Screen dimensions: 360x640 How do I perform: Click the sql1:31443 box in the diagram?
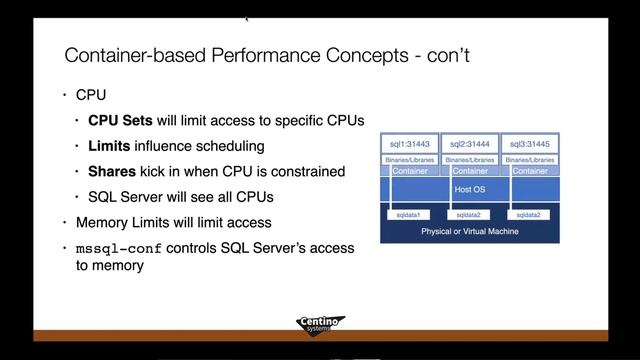(407, 144)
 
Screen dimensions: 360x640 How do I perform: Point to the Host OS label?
(470, 188)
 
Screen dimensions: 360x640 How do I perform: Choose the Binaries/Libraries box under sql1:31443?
(407, 159)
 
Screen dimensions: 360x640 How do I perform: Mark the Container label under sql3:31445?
(531, 171)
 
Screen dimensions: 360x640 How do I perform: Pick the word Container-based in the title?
(131, 53)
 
